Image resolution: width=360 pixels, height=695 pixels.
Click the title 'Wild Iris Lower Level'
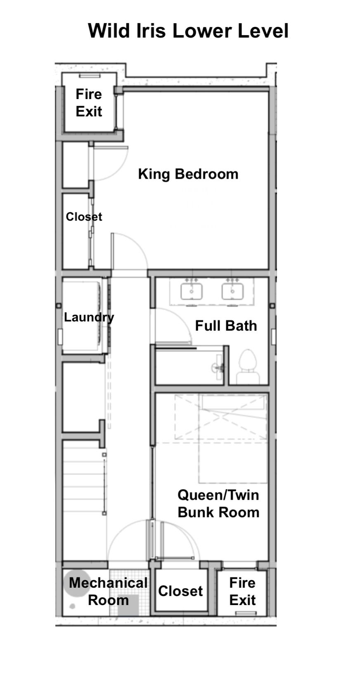(188, 31)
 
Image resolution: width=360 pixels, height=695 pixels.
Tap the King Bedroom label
(188, 174)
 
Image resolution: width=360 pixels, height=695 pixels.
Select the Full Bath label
(226, 326)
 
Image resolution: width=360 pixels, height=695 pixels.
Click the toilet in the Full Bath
(248, 367)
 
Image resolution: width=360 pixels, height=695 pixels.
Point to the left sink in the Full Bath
(192, 292)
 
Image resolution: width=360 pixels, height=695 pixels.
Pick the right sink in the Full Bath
(232, 292)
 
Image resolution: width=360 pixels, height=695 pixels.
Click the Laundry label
(89, 317)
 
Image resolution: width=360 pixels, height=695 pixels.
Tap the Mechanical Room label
(108, 591)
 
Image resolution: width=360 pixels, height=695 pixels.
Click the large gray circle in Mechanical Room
(77, 583)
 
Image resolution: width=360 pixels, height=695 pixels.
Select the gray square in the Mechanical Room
(128, 604)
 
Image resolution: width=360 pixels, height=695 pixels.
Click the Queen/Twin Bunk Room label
(218, 504)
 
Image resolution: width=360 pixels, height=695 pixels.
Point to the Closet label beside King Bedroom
(84, 217)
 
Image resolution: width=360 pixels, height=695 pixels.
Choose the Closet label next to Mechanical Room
(180, 591)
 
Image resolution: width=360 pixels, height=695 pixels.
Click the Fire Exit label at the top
(89, 103)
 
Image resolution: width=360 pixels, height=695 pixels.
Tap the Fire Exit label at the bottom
(242, 591)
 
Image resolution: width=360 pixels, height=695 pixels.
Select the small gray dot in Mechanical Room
(72, 606)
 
